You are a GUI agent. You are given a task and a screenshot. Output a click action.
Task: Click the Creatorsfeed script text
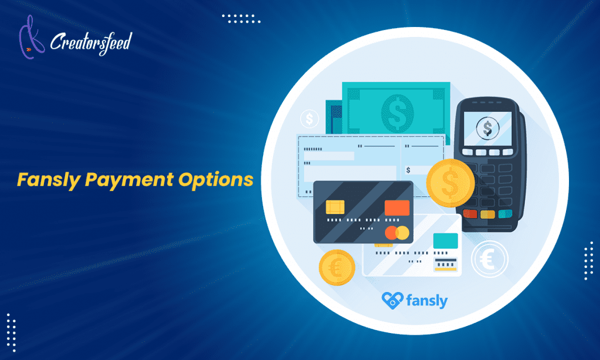click(91, 42)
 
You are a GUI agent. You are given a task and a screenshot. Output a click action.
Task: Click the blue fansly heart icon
click(391, 300)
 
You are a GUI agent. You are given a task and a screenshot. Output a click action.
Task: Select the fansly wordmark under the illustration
click(427, 301)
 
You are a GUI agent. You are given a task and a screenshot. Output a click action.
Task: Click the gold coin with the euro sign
click(337, 267)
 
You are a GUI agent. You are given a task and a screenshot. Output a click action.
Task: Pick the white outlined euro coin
click(489, 259)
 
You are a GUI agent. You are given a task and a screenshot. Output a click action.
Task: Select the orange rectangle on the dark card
click(397, 208)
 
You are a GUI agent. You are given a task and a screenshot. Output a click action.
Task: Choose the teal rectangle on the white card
click(445, 240)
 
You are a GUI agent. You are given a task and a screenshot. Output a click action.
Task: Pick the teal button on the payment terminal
click(504, 214)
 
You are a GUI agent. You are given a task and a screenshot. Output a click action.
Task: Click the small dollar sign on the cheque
click(408, 171)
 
